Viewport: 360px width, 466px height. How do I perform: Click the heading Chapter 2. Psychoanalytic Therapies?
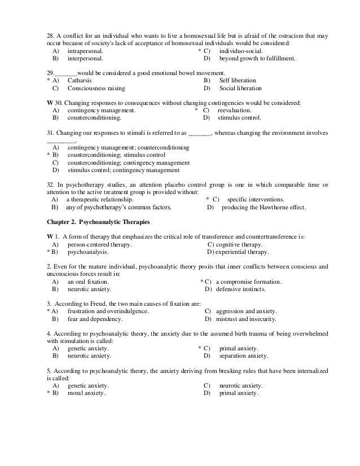(x=98, y=221)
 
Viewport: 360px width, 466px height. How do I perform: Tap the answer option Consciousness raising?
(x=96, y=89)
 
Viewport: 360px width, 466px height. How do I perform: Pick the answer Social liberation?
(x=240, y=89)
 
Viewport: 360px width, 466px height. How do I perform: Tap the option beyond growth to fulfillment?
(x=257, y=58)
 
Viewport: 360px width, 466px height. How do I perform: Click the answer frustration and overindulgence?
(x=108, y=311)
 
